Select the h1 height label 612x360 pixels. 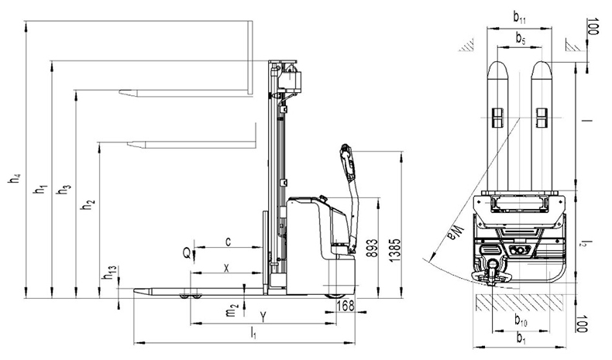(40, 190)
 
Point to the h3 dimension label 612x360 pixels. (64, 190)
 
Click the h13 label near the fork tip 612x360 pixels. (109, 274)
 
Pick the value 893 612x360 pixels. (372, 248)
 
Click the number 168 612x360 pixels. (345, 306)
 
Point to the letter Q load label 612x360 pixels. (187, 254)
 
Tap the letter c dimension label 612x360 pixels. (229, 242)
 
